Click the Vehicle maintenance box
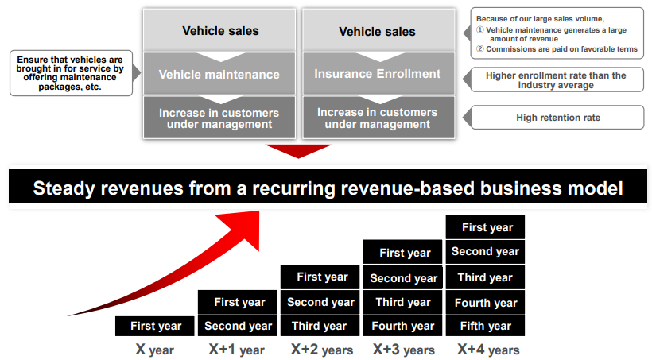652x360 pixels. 219,75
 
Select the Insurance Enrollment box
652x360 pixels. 377,74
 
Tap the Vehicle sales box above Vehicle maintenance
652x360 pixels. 220,32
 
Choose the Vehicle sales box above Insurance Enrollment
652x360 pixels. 377,32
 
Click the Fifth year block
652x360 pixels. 486,326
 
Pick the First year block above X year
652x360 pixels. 156,326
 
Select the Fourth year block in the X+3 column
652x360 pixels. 403,326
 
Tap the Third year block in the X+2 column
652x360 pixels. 319,326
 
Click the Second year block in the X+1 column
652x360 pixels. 238,326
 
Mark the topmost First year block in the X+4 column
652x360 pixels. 486,227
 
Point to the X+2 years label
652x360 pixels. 320,349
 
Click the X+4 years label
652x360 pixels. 487,349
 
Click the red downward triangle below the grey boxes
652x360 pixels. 298,151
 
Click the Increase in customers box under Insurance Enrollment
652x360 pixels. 377,118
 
